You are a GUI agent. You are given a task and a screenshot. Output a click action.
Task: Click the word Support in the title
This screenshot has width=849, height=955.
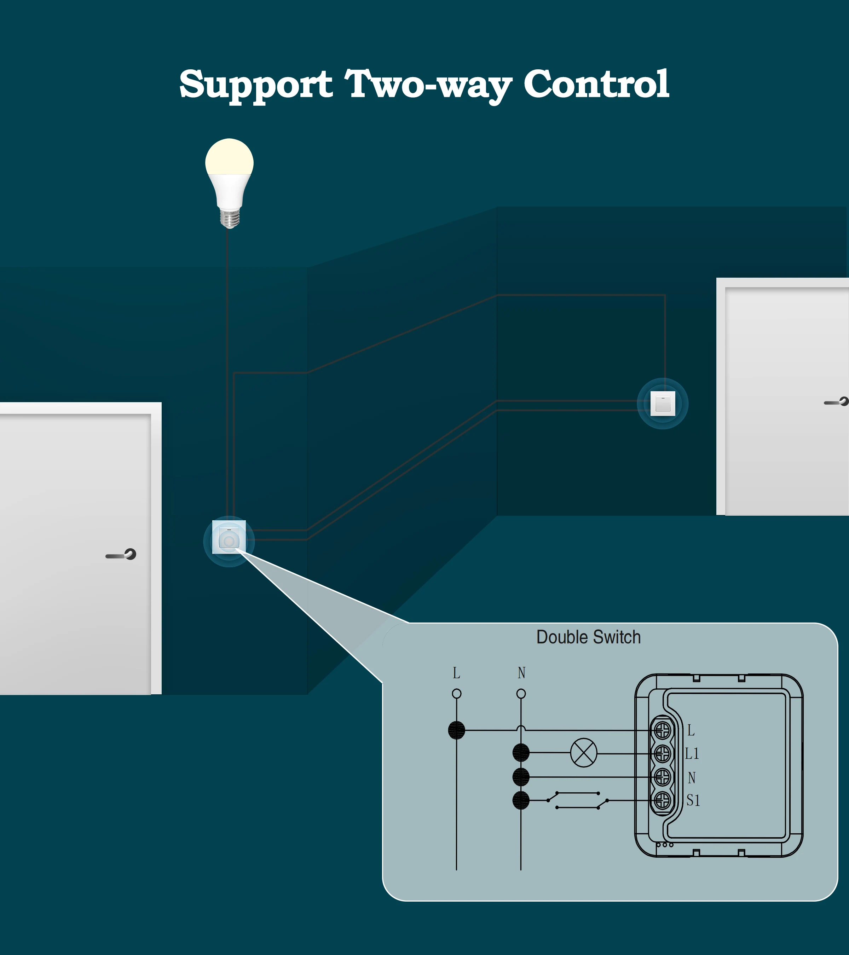point(256,85)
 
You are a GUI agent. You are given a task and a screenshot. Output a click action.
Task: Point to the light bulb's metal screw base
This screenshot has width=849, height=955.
point(230,219)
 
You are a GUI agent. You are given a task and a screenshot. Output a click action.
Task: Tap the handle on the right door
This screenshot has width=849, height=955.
point(837,402)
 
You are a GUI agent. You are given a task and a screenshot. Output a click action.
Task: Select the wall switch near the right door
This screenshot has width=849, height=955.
point(663,403)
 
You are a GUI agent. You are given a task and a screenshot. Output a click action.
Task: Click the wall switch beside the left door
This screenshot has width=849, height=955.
point(229,537)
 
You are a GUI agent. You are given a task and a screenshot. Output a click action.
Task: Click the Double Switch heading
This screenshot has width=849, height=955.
point(588,637)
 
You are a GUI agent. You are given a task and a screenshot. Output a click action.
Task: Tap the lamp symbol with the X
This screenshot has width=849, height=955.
point(584,753)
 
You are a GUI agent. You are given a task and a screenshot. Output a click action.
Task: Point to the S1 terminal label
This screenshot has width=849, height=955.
point(693,801)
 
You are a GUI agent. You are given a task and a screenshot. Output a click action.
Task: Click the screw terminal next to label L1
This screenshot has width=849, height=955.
point(662,753)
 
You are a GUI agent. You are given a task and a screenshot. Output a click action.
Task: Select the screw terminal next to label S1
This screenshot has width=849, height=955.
point(662,801)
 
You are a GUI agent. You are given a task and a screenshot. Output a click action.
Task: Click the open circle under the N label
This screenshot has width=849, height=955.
point(521,694)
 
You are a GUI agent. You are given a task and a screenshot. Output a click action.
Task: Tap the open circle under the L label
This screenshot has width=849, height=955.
point(456,694)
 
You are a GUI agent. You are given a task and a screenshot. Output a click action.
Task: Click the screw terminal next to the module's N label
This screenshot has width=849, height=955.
point(662,777)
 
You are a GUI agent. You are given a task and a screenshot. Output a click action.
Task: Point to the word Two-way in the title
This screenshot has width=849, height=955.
point(428,85)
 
